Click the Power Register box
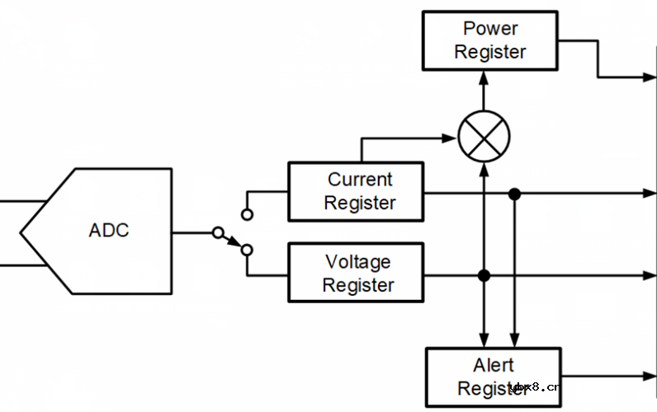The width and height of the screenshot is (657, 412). [x=489, y=40]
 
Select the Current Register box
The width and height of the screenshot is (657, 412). [x=355, y=191]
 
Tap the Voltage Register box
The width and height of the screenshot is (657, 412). [x=355, y=274]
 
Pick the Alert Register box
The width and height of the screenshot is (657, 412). [x=493, y=377]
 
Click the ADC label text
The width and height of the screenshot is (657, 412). [x=108, y=230]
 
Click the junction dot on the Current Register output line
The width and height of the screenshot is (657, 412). [x=514, y=194]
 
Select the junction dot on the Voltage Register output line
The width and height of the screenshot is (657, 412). [x=484, y=274]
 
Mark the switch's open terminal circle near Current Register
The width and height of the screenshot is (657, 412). [x=246, y=214]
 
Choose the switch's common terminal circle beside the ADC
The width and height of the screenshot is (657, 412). [x=217, y=233]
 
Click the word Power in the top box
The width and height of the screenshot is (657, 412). [x=489, y=29]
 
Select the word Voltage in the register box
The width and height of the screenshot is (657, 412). [x=357, y=263]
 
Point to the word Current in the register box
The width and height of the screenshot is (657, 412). [x=359, y=180]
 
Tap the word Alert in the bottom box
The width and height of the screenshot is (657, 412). [x=493, y=365]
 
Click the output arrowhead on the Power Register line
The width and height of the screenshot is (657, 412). [x=650, y=77]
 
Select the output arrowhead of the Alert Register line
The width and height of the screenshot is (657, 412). [x=650, y=377]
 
